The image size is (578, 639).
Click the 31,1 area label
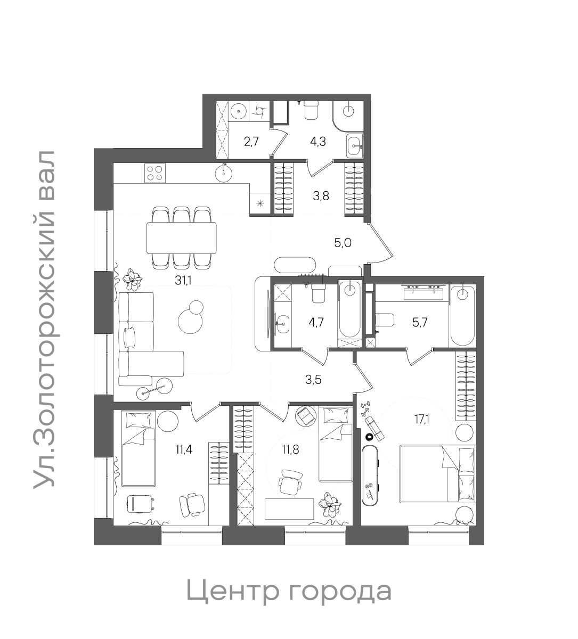click(184, 281)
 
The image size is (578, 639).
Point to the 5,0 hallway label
click(343, 243)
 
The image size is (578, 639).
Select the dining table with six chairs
click(182, 237)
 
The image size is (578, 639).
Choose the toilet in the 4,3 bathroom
click(311, 110)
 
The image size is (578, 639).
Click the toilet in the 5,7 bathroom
click(385, 320)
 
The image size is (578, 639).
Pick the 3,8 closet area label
click(321, 195)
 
